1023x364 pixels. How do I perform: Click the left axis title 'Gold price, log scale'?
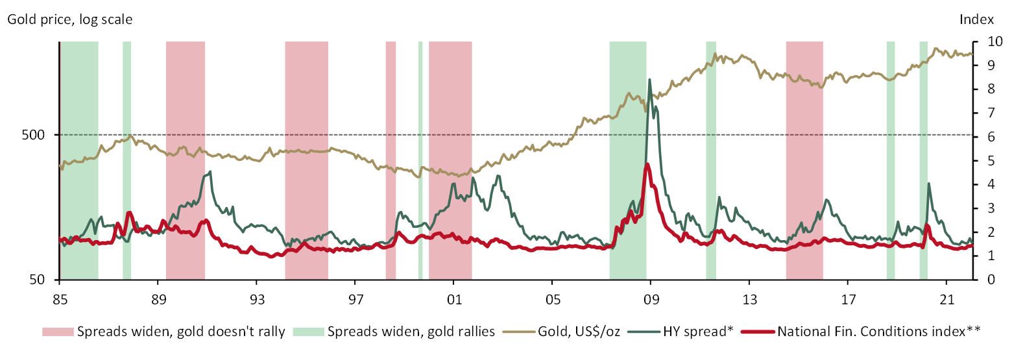70,19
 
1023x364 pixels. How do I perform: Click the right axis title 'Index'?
976,19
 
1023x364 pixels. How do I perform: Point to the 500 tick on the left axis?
34,135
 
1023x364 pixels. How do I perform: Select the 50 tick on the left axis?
38,280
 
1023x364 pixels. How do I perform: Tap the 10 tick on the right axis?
994,42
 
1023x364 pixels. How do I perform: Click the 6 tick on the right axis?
991,137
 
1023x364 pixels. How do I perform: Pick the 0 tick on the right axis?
991,280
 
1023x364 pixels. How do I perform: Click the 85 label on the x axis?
60,299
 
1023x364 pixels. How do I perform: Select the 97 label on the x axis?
355,299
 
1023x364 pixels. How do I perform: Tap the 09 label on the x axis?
651,299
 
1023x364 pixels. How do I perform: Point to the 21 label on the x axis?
947,299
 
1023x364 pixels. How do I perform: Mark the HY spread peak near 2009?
649,80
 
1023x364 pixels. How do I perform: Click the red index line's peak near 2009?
647,164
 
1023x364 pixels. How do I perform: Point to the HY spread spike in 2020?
929,184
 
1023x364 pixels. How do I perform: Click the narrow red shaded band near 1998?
391,130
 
